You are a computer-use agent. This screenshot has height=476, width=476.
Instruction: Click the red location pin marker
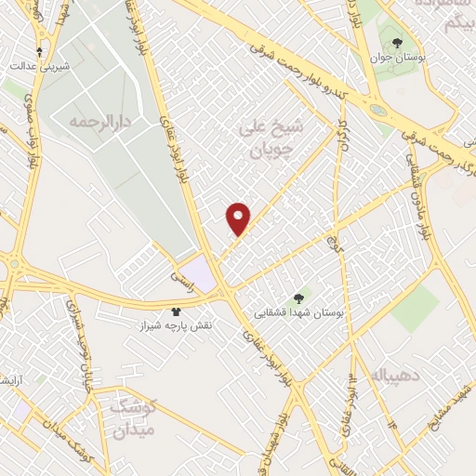[x=239, y=218]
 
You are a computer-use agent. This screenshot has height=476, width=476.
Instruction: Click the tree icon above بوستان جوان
[x=398, y=43]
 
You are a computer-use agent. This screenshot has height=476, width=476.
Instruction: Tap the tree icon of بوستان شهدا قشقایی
[x=298, y=298]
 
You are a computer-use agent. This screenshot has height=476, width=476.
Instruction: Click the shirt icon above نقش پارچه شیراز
[x=177, y=311]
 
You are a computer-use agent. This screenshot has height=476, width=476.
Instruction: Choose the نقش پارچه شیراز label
[x=177, y=327]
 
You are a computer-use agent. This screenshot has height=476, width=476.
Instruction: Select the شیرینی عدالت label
[x=36, y=66]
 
